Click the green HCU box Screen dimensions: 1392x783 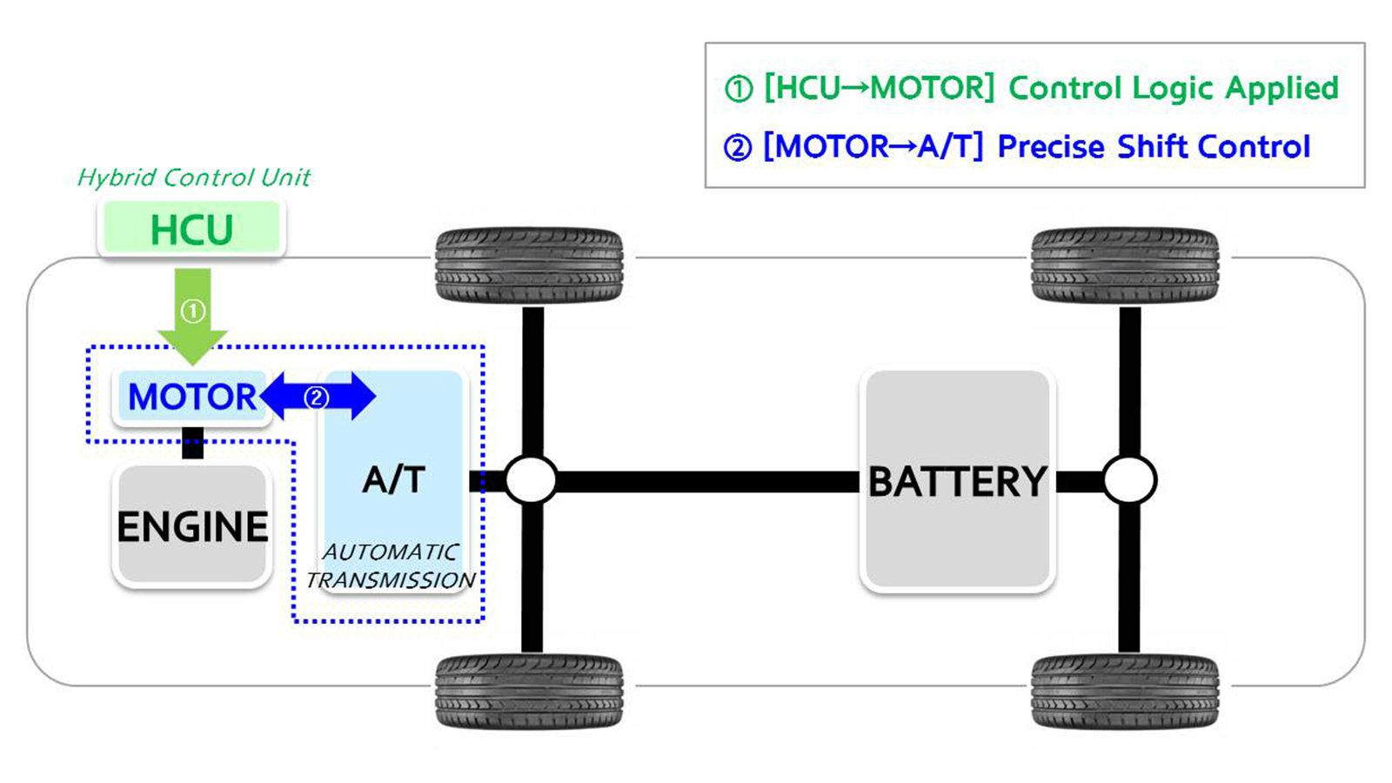191,228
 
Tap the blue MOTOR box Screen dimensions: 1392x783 191,397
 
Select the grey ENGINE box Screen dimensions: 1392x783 192,525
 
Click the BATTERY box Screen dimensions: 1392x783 958,480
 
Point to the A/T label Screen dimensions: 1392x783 393,479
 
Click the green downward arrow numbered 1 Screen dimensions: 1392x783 192,317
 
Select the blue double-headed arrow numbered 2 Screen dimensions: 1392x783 318,397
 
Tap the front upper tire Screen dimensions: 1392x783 530,265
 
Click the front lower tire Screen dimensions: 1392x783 530,692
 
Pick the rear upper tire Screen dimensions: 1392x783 1125,265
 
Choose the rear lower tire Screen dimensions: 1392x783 1125,692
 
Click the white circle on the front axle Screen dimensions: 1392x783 532,480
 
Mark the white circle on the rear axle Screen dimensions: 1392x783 1130,480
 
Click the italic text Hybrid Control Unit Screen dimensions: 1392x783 193,177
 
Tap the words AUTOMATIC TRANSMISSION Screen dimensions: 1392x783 391,566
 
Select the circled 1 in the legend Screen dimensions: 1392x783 739,89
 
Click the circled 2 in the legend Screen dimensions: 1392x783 738,148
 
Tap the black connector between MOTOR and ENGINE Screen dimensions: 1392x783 192,443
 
